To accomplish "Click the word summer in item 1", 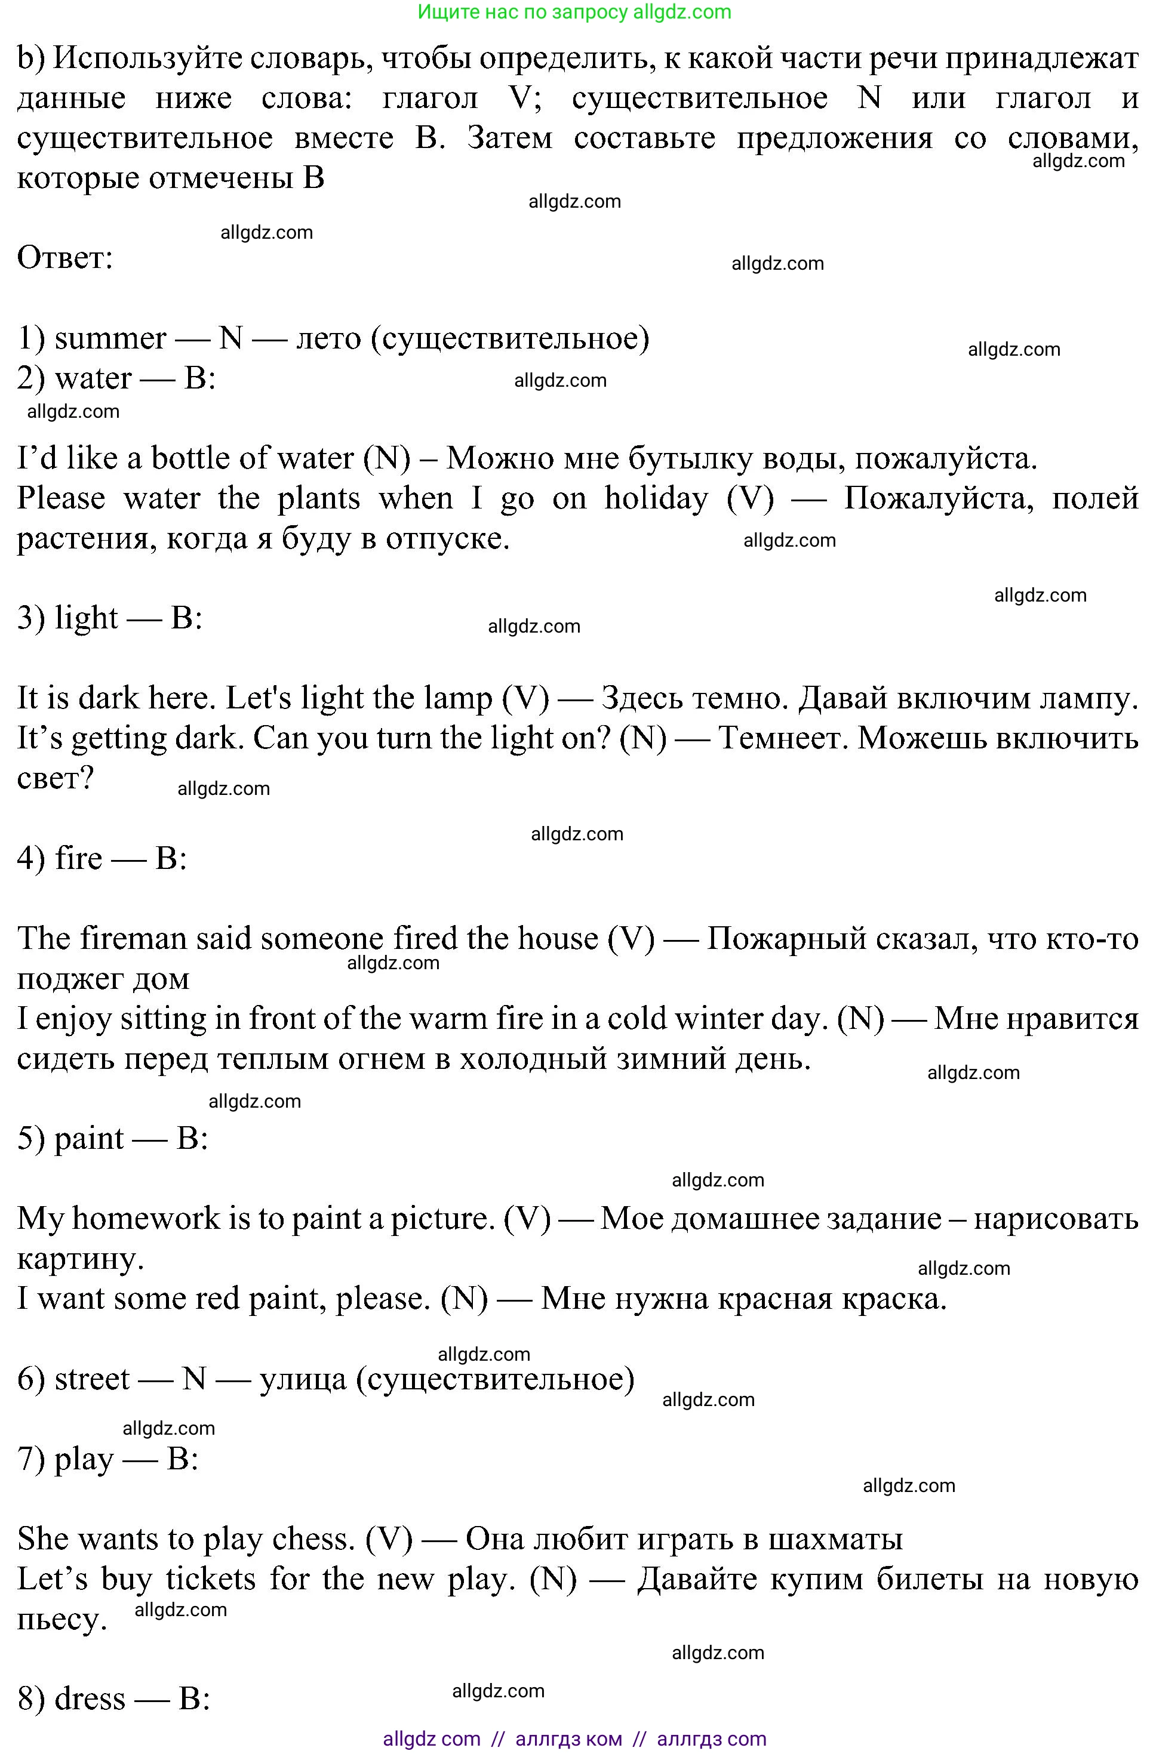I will (x=110, y=339).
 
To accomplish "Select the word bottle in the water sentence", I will (x=190, y=459).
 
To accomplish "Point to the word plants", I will (x=318, y=499).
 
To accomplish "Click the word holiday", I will (x=656, y=499).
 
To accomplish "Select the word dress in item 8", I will (x=90, y=1698).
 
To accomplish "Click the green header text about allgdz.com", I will (x=574, y=12).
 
